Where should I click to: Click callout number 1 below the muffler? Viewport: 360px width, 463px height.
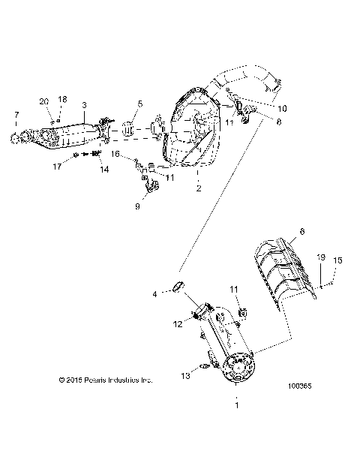237,405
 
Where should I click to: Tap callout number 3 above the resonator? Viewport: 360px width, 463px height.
84,105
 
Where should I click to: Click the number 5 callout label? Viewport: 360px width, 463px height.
139,104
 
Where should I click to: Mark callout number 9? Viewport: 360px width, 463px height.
136,205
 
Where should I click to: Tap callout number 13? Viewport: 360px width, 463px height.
184,375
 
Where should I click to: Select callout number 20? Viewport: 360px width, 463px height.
43,101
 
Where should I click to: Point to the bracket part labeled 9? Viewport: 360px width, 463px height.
152,188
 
